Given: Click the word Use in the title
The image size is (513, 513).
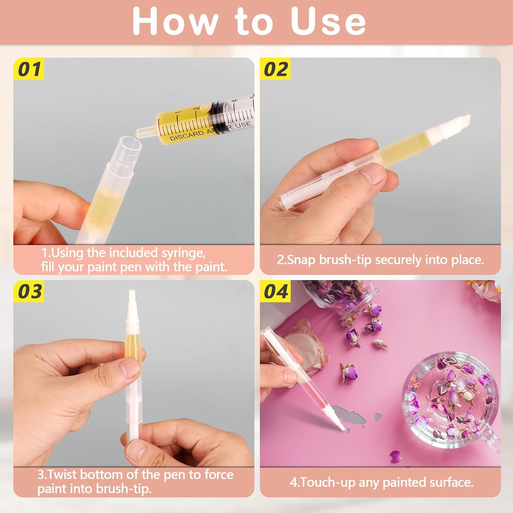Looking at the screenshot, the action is pyautogui.click(x=328, y=21).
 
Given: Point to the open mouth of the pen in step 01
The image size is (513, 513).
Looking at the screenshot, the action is pyautogui.click(x=130, y=144).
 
